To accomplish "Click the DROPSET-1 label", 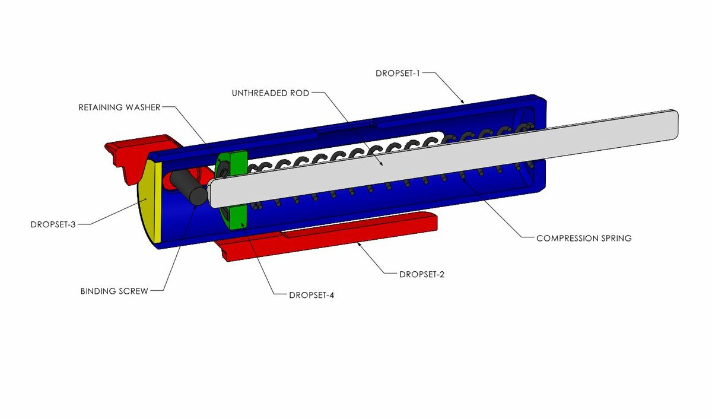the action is [398, 74].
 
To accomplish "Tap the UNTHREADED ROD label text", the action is [271, 93].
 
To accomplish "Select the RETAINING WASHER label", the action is [119, 107].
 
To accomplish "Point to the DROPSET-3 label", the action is [53, 224].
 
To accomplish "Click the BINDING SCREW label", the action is [114, 291].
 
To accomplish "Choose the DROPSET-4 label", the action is [311, 296].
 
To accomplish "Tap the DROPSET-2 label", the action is [422, 274].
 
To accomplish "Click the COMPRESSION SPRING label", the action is [584, 239].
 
